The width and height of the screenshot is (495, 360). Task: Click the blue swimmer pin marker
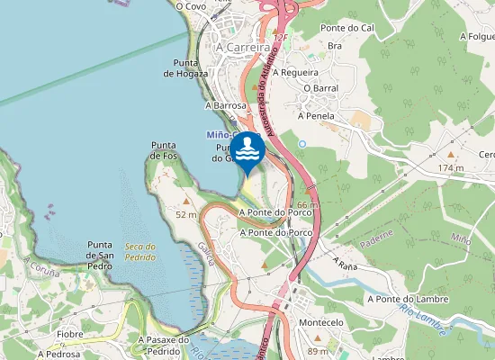(x=247, y=149)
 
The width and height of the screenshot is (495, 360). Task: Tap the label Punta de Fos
(x=163, y=150)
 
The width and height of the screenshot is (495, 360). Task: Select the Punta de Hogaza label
(x=186, y=67)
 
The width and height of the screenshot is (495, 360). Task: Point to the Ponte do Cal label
(x=346, y=28)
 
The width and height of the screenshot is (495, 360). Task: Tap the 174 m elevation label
(x=450, y=168)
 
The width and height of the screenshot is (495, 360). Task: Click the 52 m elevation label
(x=185, y=214)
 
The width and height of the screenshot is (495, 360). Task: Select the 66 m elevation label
(x=308, y=205)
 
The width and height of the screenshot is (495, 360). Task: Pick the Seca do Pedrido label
(x=140, y=252)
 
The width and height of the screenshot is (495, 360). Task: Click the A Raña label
(x=345, y=264)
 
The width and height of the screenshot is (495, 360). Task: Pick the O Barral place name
(x=319, y=88)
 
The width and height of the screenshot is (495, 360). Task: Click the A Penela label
(x=316, y=116)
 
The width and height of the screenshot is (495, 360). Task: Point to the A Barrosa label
(x=225, y=105)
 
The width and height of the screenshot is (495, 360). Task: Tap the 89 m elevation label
(x=318, y=351)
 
